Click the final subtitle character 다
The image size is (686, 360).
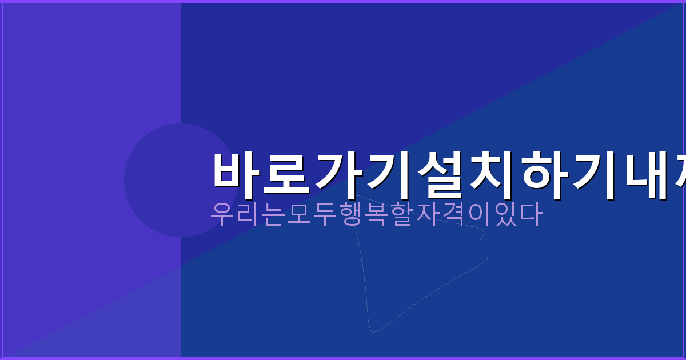click(529, 214)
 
